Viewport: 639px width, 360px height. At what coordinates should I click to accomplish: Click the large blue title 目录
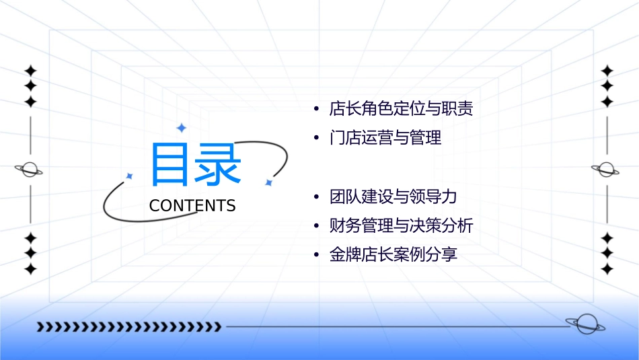(196, 165)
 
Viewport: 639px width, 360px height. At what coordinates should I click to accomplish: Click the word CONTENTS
(192, 206)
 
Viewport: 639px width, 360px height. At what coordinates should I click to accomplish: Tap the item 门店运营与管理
(385, 139)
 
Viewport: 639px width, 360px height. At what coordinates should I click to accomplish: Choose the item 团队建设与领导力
(393, 197)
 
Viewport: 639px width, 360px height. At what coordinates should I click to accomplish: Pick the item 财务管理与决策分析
(401, 226)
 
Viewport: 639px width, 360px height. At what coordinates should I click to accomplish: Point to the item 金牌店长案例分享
(393, 255)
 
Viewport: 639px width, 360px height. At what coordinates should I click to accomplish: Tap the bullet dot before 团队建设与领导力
(315, 198)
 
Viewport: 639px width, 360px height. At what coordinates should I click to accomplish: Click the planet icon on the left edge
(30, 170)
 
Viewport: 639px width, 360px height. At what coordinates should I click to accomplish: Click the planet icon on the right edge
(607, 170)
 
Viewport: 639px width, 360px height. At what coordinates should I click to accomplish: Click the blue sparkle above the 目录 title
(181, 128)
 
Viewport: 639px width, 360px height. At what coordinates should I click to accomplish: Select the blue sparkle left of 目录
(130, 176)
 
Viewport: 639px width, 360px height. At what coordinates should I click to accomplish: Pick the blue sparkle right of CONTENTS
(268, 182)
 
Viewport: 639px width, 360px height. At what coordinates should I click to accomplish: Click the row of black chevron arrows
(128, 327)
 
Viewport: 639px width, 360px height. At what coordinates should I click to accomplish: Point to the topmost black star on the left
(30, 71)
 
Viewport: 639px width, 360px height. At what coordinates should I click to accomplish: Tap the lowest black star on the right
(607, 269)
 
